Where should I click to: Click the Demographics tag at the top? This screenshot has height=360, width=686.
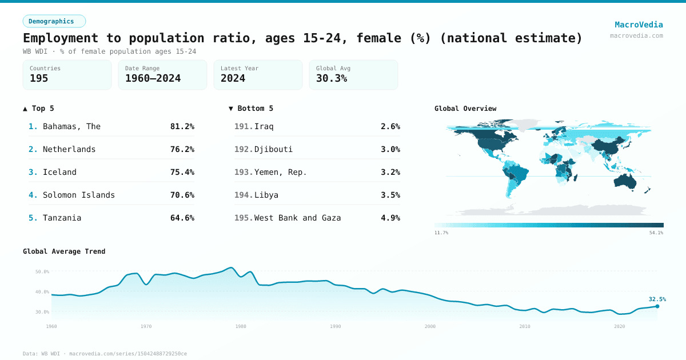coord(54,21)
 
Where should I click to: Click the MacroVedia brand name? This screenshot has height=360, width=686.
coord(639,25)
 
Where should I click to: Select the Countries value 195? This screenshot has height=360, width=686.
coord(39,78)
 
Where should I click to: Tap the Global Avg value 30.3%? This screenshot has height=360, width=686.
coord(331,78)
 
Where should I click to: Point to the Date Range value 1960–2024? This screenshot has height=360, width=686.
coord(153,78)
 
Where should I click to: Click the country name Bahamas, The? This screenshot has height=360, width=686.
coord(71,126)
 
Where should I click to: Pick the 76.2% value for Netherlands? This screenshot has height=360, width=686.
coord(182,149)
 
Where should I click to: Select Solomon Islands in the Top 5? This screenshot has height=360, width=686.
coord(78,195)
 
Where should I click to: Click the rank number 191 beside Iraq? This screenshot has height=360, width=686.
coord(243,126)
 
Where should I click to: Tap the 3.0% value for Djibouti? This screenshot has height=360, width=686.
coord(390,149)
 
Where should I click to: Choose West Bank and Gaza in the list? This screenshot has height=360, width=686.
coord(297,218)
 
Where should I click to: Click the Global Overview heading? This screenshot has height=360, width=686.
coord(465,109)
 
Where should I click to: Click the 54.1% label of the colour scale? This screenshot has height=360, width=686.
coord(656,233)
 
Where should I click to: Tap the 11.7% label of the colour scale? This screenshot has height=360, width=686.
coord(441,233)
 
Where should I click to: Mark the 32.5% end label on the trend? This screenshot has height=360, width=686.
coord(657,299)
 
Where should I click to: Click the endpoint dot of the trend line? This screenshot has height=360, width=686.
coord(657,306)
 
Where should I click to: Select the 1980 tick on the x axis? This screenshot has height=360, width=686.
coord(241,326)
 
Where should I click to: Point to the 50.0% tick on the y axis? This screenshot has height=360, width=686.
coord(42,272)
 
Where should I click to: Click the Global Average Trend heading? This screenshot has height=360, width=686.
coord(64,251)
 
